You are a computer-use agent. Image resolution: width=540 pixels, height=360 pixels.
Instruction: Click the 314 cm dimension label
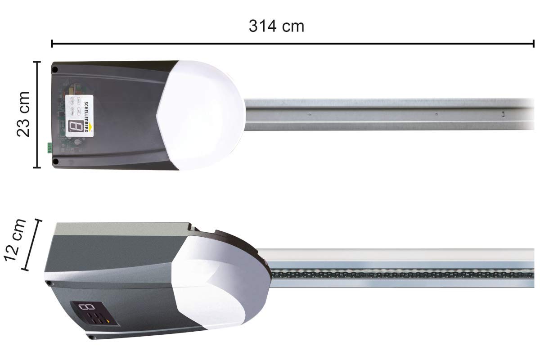coord(276,26)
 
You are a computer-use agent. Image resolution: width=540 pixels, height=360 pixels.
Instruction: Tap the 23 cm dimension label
coord(22,114)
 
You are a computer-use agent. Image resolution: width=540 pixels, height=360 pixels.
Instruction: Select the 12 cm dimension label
coord(14,241)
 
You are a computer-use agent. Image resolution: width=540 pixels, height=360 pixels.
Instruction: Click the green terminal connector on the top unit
coord(49,148)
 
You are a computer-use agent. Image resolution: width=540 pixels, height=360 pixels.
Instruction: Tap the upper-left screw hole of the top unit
coord(54,70)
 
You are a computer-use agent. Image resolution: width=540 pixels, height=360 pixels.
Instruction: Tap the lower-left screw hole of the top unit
coord(54,161)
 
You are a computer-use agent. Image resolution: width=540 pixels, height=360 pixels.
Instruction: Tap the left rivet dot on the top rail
coord(310,114)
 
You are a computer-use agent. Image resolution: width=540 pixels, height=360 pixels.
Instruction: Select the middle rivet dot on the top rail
coord(436,114)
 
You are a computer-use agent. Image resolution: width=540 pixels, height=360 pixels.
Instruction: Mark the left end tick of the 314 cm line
coord(52,44)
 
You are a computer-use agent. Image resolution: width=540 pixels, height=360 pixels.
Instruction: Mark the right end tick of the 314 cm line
coord(534,44)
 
